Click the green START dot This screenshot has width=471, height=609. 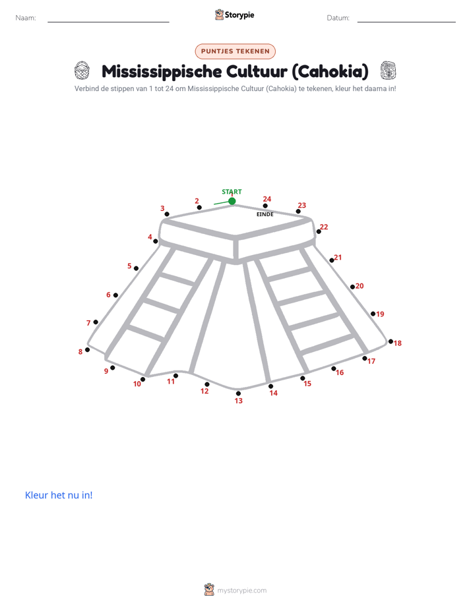pos(232,201)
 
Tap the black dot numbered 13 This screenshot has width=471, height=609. pos(238,393)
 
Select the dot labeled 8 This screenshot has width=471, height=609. pos(88,350)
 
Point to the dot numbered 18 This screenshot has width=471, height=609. pos(391,341)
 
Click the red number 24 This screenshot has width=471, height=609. pos(267,199)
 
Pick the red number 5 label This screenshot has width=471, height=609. pos(129,266)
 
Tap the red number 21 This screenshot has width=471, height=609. pos(338,257)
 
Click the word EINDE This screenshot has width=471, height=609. pos(265,214)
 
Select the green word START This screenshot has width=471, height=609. pos(232,192)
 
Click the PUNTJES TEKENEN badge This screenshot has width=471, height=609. pos(235,51)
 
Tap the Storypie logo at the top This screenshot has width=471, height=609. pos(234,14)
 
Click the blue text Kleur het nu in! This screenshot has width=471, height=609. pos(59,495)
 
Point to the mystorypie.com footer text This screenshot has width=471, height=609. pos(241,591)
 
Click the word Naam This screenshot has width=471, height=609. pos(26,18)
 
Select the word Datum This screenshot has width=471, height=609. pos(338,18)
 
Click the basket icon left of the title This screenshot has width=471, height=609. pos(82,71)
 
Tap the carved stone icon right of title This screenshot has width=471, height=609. pos(389,71)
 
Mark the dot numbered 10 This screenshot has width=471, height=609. pos(142,380)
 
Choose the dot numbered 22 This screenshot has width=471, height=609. pos(319,231)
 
